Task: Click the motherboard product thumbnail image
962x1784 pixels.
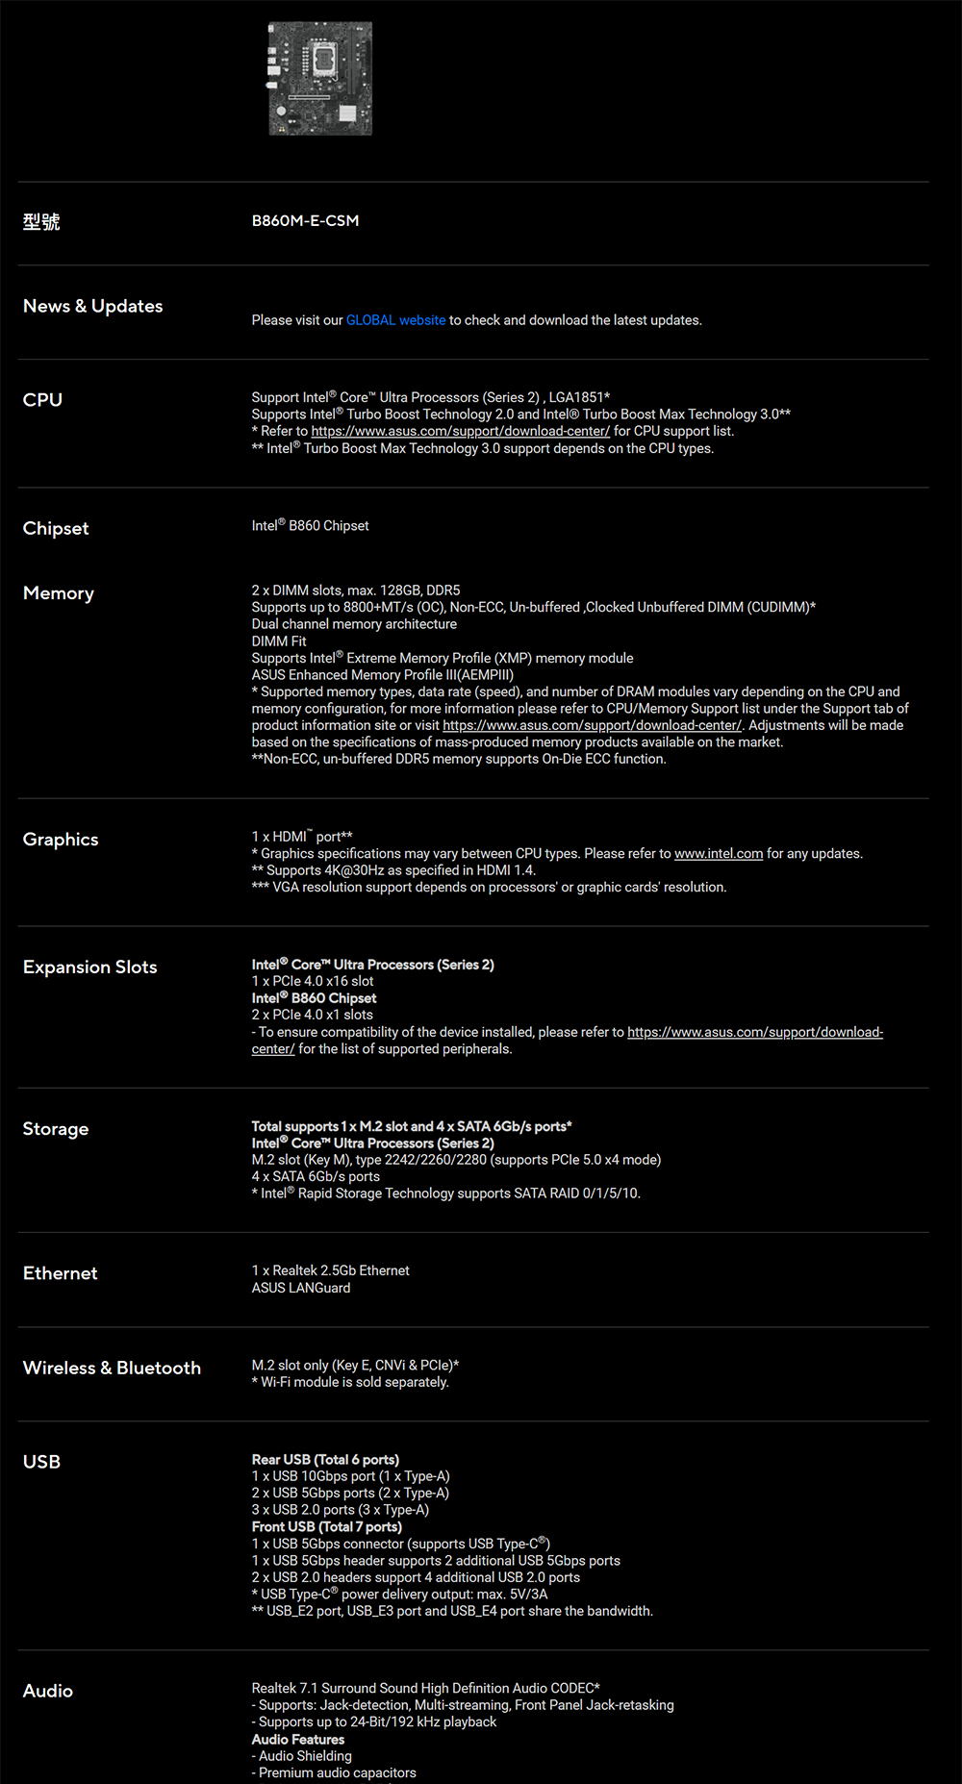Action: point(320,79)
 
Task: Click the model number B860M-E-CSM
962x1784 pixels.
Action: point(305,220)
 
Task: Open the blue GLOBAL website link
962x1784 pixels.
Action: point(395,320)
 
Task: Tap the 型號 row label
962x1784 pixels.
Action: point(41,222)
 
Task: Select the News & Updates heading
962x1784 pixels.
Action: point(92,306)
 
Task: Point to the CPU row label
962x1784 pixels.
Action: point(42,400)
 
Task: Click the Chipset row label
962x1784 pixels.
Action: point(56,528)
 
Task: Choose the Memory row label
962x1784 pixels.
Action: point(59,593)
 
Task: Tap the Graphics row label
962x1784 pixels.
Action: point(61,840)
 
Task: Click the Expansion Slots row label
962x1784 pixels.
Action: point(89,967)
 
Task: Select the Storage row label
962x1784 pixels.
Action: point(56,1129)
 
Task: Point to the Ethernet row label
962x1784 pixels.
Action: point(61,1273)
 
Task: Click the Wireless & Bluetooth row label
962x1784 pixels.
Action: point(112,1368)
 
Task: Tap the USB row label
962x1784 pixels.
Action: point(41,1462)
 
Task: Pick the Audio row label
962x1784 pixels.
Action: point(48,1691)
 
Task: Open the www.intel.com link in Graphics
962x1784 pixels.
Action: point(719,854)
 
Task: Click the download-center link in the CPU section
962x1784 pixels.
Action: point(460,431)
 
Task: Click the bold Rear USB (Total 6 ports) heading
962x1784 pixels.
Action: point(325,1460)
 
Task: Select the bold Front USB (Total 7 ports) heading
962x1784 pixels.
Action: point(326,1527)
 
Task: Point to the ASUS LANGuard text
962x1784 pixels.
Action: point(301,1288)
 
